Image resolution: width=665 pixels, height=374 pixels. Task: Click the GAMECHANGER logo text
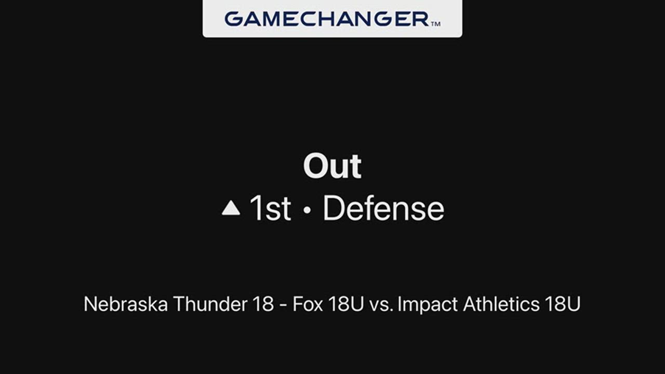point(327,19)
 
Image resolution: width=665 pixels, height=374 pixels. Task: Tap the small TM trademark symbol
point(435,24)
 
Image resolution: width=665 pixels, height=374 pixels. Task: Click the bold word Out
point(332,166)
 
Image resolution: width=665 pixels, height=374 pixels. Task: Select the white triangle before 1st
point(231,208)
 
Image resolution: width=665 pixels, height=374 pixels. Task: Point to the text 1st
point(270,208)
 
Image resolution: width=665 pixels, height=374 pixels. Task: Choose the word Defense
point(383,208)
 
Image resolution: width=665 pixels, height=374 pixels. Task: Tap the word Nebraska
point(126,304)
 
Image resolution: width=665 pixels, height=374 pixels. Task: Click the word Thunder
point(210,304)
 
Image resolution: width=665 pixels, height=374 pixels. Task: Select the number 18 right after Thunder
point(263,304)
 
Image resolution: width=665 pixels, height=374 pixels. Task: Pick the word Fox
point(308,304)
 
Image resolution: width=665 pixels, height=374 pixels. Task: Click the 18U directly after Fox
point(346,304)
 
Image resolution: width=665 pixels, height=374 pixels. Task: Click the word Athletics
point(501,304)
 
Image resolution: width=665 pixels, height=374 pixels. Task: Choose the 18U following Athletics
point(563,304)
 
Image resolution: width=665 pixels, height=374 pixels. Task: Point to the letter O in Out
point(315,166)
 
